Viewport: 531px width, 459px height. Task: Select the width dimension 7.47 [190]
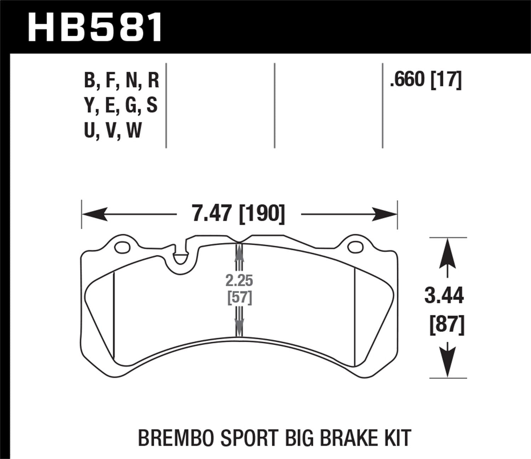pos(238,214)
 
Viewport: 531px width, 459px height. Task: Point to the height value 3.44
pos(444,296)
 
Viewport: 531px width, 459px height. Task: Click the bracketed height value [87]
pos(446,325)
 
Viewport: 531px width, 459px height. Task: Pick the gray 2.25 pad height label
pos(240,281)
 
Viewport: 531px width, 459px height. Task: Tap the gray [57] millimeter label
pos(240,297)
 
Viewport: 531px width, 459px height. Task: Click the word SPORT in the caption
pos(241,438)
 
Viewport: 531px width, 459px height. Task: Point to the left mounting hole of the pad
pos(122,247)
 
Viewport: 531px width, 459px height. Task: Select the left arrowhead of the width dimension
pos(94,214)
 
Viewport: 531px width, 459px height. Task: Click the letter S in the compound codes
pos(152,105)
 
